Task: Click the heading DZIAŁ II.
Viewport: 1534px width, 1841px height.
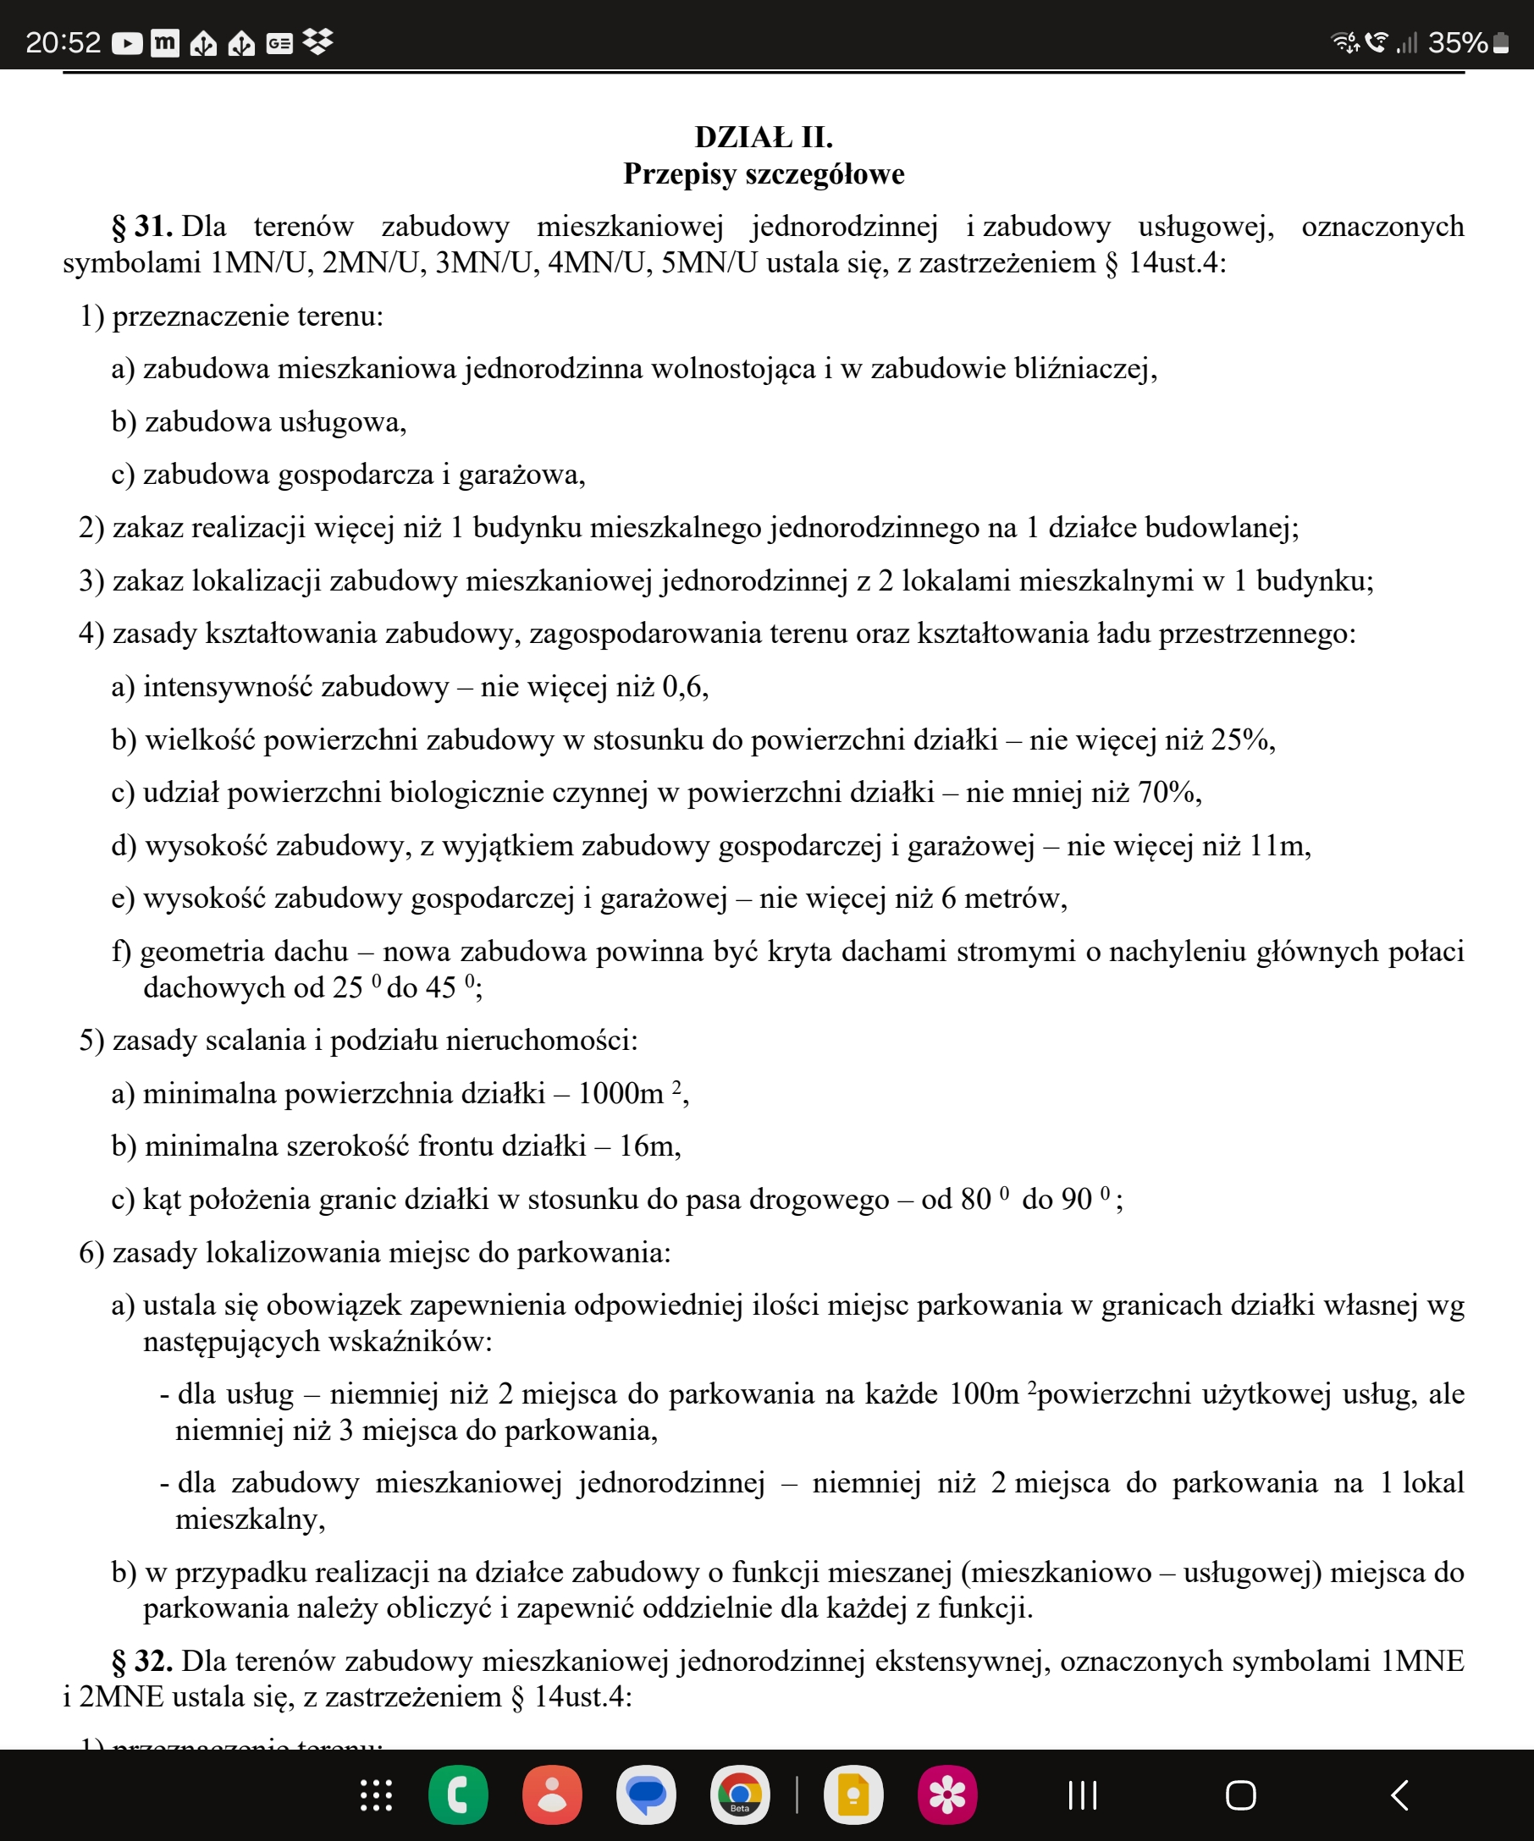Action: pos(763,138)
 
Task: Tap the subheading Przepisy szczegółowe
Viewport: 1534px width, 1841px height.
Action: pos(763,173)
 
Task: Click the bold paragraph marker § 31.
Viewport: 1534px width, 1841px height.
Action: pos(141,227)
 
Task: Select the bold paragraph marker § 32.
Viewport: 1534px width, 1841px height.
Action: pos(141,1662)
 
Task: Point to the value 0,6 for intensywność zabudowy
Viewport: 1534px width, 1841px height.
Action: pos(682,686)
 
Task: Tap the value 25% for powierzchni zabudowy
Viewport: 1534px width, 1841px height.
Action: pos(1240,740)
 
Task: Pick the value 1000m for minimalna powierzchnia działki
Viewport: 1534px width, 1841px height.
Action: pos(620,1094)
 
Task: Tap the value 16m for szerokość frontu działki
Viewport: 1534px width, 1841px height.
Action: pos(648,1146)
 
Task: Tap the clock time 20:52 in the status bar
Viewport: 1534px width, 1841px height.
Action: pos(63,42)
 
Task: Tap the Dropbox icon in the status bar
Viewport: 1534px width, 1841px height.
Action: pos(317,42)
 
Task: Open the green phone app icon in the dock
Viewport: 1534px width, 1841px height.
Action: pos(458,1794)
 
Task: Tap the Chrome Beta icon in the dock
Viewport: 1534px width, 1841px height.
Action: pos(739,1794)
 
